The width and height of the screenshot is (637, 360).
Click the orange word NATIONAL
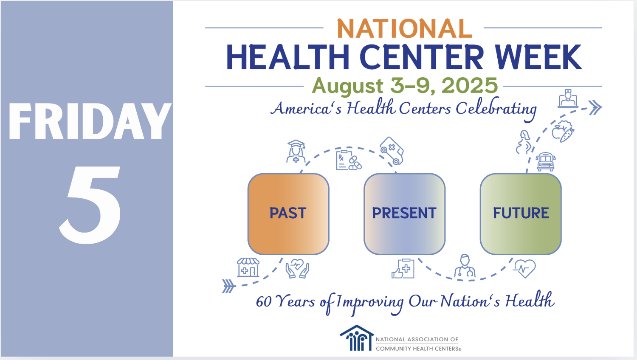point(404,28)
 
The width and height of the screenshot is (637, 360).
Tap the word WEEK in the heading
point(538,57)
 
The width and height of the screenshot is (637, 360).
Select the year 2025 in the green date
point(470,85)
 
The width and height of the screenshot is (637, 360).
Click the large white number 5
point(90,205)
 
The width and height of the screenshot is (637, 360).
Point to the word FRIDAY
point(90,121)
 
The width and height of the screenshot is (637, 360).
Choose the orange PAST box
point(288,214)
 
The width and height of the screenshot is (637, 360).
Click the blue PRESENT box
point(404,214)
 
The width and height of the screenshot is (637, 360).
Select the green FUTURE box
point(521,214)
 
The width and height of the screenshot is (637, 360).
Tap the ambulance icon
point(392,151)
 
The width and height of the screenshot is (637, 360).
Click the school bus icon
point(546,161)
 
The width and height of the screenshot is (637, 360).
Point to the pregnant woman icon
point(524,142)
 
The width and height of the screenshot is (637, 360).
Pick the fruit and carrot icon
point(563,131)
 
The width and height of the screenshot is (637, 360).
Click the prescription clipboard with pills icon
point(348,160)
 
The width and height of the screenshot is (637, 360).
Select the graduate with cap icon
point(296,151)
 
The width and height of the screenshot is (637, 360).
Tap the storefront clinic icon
point(248,267)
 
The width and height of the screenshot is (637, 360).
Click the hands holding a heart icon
point(297,268)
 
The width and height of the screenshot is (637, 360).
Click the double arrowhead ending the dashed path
point(595,108)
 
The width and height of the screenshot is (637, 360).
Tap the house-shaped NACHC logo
point(357,338)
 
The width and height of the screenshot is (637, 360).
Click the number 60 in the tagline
point(264,302)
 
